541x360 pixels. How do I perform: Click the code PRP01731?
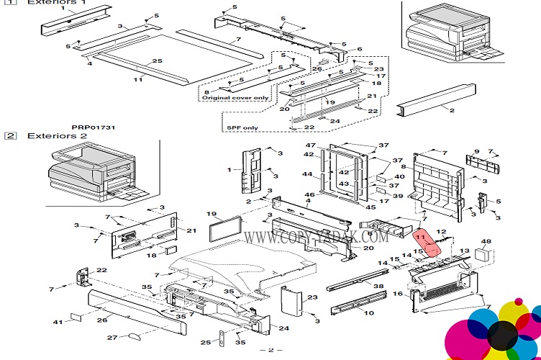(x=94, y=127)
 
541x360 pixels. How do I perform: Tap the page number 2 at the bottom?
(x=270, y=351)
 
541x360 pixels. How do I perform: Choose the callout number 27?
(x=112, y=337)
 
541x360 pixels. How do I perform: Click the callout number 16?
(x=397, y=294)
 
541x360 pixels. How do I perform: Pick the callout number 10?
(x=369, y=313)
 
